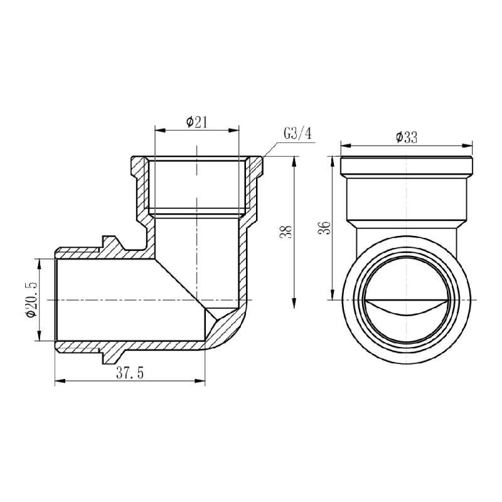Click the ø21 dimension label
(197, 122)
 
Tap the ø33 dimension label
(407, 137)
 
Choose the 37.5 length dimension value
(130, 373)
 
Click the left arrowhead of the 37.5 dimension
(59, 380)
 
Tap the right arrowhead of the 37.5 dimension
(201, 380)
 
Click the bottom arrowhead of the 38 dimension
(295, 304)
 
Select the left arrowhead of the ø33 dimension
(345, 145)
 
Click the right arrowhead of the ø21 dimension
(235, 131)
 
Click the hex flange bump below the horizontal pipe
(110, 355)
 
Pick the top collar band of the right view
(407, 166)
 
